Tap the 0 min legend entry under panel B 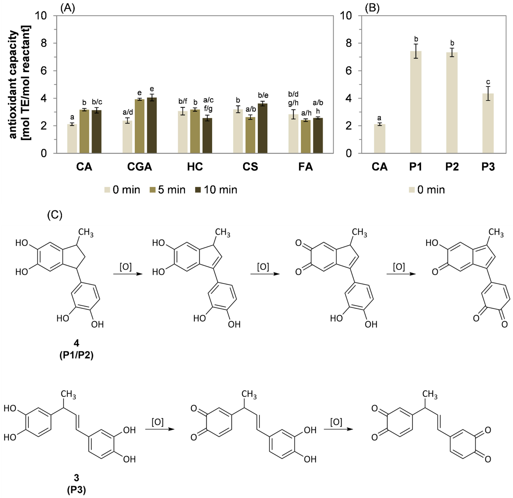pos(427,190)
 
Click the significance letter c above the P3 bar pos(488,82)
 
